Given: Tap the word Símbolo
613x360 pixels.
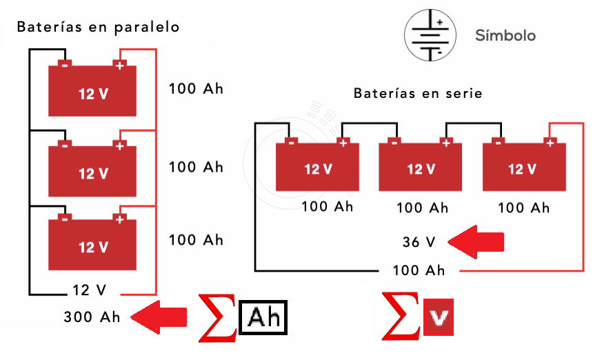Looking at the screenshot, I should coord(505,35).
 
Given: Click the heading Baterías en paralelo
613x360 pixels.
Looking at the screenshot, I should coord(98,28).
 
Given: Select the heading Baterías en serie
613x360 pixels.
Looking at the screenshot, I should coord(418,92).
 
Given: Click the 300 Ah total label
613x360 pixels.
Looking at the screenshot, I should coord(92,317).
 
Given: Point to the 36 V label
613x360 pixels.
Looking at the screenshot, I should coord(419,242).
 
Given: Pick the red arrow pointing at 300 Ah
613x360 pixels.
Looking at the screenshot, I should coord(159,317).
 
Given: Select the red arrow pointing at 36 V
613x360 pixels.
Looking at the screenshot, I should coord(475,242).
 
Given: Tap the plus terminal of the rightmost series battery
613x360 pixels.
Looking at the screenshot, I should coord(549,143).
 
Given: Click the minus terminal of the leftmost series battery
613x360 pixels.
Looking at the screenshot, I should coord(291,143).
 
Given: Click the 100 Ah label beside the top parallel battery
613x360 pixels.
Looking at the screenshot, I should coord(196,89).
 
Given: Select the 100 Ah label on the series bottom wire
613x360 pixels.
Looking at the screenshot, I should coord(418,270).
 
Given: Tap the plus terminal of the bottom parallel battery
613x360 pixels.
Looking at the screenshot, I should coord(119,219).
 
